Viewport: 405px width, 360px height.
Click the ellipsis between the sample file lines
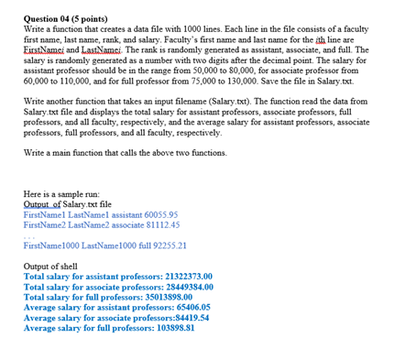(28, 235)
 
